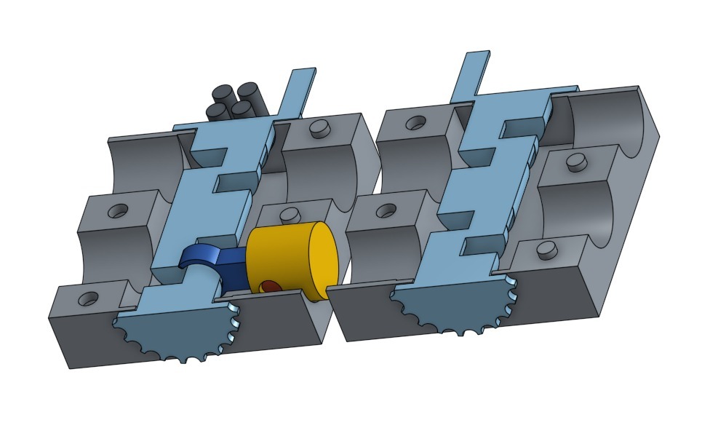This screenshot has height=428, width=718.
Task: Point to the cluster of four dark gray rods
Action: (235, 101)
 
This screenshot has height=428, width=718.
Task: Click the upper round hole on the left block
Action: (117, 211)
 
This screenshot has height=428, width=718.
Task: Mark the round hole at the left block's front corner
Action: (89, 298)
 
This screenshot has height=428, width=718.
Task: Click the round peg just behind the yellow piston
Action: (290, 214)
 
